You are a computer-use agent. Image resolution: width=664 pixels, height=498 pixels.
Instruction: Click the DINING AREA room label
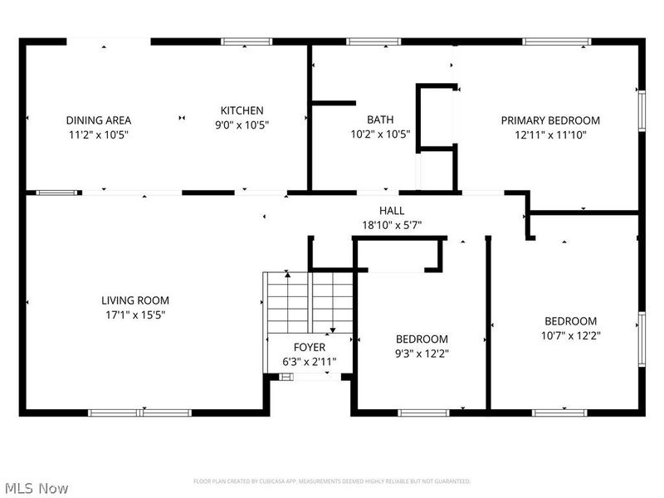(x=99, y=120)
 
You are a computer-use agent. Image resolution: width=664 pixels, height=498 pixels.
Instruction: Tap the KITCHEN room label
(x=242, y=110)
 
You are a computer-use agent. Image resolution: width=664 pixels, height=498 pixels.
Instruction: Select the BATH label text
(x=380, y=120)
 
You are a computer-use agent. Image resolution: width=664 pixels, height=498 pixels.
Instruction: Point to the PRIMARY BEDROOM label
(x=550, y=120)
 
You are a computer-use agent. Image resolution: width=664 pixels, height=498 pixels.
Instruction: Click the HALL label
(x=392, y=211)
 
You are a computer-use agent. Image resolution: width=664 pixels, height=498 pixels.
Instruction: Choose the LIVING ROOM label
(x=135, y=300)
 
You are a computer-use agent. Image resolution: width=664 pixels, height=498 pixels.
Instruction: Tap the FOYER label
(x=310, y=347)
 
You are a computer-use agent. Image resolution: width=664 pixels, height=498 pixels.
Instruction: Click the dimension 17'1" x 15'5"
(x=135, y=315)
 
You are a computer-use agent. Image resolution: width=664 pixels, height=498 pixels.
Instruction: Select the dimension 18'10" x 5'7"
(x=392, y=225)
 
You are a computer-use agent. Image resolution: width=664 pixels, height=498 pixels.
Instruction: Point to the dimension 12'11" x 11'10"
(x=550, y=134)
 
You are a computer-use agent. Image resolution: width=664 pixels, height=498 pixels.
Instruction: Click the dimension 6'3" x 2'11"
(x=310, y=361)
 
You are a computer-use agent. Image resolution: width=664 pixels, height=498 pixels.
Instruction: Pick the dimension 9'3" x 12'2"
(x=422, y=353)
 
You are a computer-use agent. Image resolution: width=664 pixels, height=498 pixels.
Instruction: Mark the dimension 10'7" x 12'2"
(x=570, y=335)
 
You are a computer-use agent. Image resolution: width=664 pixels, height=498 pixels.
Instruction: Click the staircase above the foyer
(x=309, y=302)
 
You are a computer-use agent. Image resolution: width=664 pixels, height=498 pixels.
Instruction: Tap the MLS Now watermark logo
(x=37, y=488)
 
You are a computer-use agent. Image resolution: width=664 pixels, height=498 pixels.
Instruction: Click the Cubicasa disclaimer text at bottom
(x=332, y=481)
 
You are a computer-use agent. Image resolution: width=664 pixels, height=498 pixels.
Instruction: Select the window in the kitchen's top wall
(x=241, y=41)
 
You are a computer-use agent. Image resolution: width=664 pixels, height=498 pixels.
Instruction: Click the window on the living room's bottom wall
(x=140, y=412)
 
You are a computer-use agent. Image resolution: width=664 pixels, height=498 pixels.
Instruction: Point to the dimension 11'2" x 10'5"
(x=99, y=134)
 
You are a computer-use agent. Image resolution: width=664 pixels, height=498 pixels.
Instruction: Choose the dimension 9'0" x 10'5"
(x=242, y=124)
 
